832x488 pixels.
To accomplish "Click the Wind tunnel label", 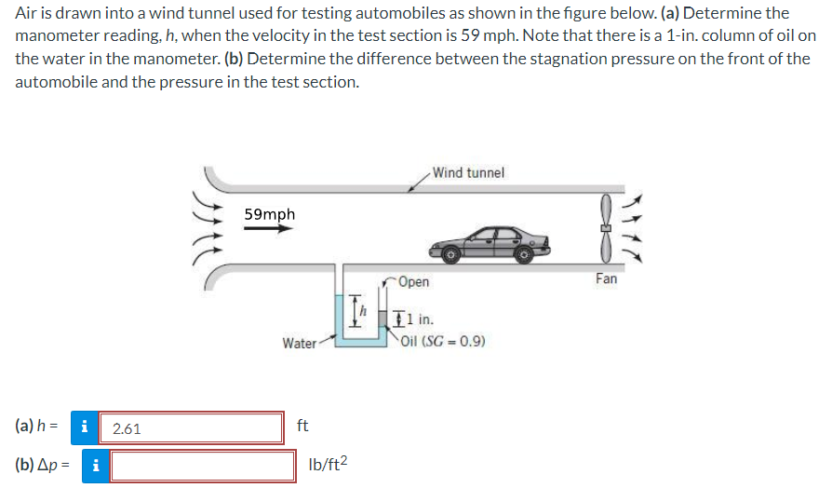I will tap(468, 172).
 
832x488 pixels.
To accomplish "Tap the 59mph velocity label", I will tap(269, 214).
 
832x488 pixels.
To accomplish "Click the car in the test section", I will tap(490, 241).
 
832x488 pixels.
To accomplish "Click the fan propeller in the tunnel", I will tap(606, 228).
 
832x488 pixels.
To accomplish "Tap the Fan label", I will tap(606, 278).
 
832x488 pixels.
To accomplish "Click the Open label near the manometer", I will tap(414, 282).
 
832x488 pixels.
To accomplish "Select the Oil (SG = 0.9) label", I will tap(442, 341).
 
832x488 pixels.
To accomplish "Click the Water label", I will tap(299, 343).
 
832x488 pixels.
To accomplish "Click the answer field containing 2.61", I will tap(191, 428).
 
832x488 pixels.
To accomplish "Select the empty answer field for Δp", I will tap(203, 466).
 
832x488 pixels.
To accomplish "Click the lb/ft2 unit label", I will tap(327, 464).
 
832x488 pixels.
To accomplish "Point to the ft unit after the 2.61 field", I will tap(302, 427).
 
